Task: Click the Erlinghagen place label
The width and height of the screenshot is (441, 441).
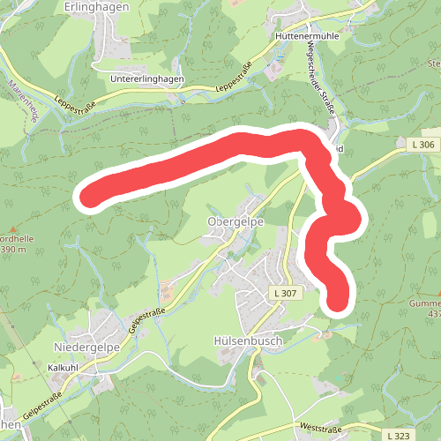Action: point(97,6)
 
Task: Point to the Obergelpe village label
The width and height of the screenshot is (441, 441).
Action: point(235,220)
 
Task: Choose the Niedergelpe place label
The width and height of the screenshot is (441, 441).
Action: point(86,348)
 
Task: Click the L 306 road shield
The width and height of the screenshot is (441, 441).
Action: point(423,144)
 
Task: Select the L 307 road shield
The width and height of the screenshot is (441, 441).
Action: point(285,292)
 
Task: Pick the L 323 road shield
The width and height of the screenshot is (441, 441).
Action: point(398,436)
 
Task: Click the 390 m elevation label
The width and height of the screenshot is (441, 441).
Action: point(14,250)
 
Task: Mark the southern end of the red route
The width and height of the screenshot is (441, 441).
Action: point(338,300)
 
